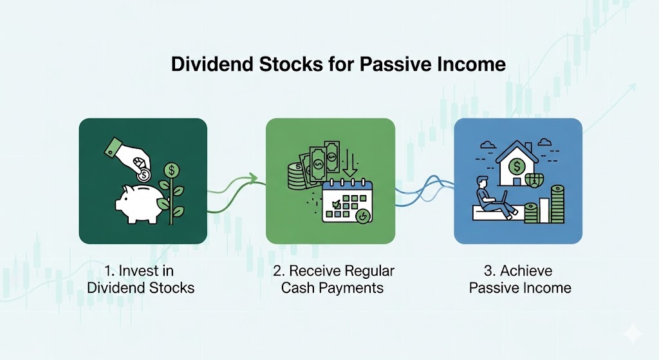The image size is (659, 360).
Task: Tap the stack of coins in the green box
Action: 297,175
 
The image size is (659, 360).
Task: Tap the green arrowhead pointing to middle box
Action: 252,178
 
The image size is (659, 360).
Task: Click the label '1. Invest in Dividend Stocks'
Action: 141,278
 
